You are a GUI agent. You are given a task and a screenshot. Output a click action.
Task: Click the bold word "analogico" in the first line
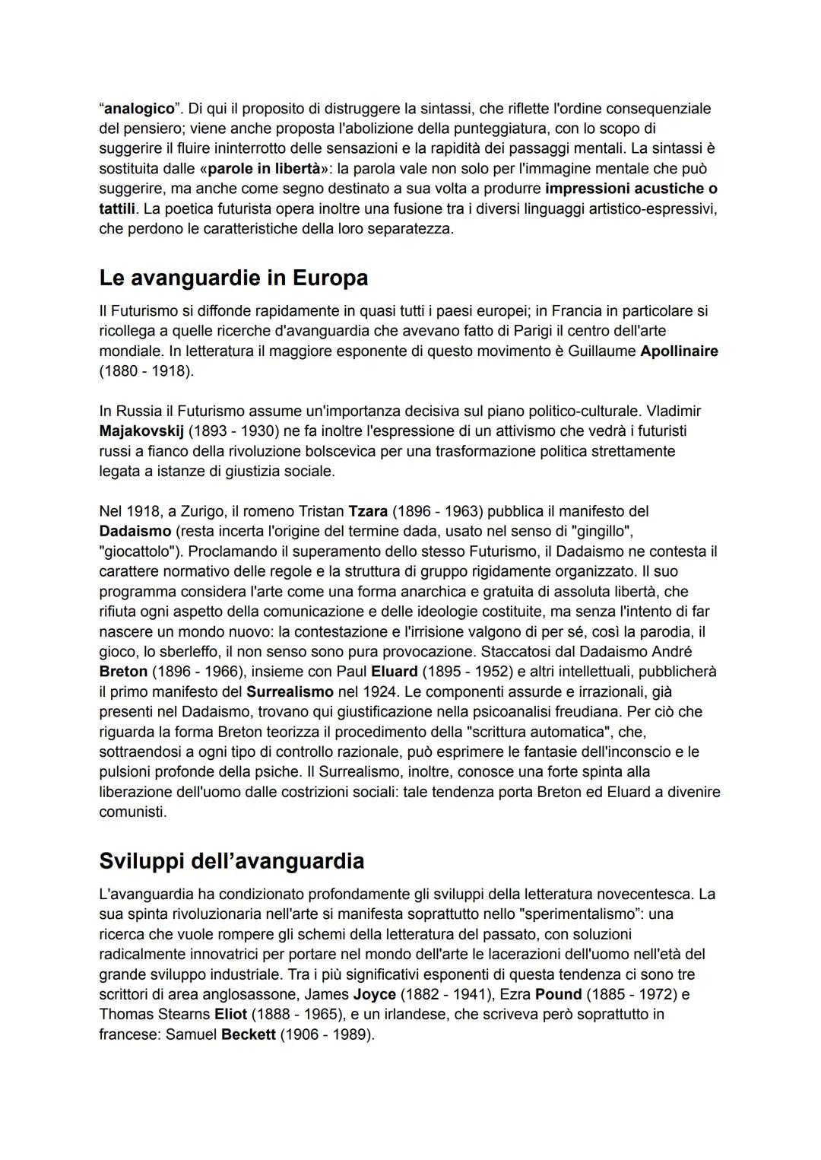pyautogui.click(x=139, y=108)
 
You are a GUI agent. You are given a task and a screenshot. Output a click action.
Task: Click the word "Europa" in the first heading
pyautogui.click(x=328, y=278)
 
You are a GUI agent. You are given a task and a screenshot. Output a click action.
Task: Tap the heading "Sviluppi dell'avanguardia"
pyautogui.click(x=231, y=860)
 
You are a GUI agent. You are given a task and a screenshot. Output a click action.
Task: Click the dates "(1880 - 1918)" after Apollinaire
pyautogui.click(x=146, y=371)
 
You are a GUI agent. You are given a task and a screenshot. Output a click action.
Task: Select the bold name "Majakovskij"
pyautogui.click(x=141, y=431)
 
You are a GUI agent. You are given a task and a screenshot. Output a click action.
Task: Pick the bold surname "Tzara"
pyautogui.click(x=368, y=511)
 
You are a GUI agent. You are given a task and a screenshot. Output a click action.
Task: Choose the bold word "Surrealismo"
pyautogui.click(x=290, y=691)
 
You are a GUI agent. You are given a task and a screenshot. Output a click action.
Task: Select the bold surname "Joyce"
pyautogui.click(x=374, y=994)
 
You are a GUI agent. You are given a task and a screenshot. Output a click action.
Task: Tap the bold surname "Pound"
pyautogui.click(x=558, y=994)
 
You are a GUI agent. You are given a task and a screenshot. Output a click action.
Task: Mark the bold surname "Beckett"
pyautogui.click(x=248, y=1034)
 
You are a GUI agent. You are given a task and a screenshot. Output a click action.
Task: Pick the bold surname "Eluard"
pyautogui.click(x=394, y=672)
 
